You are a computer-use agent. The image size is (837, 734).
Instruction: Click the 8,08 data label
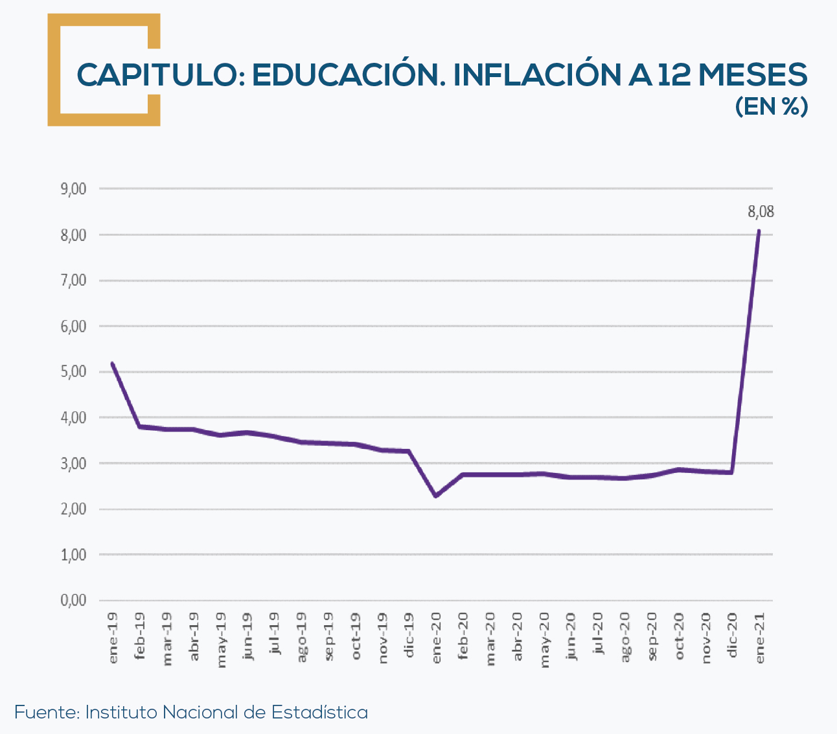(761, 212)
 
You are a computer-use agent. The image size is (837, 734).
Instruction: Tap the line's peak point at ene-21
(759, 231)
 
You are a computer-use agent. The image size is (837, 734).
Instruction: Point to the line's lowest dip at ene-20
(436, 496)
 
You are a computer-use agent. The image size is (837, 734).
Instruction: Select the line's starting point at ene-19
(113, 363)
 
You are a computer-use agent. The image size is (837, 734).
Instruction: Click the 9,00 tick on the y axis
(73, 189)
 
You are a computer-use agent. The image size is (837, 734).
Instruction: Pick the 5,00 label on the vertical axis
(73, 372)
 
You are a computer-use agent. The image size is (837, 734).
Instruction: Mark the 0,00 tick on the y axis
(73, 601)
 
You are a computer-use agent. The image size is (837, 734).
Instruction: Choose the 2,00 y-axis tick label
(73, 509)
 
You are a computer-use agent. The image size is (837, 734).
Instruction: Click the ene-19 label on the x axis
(113, 637)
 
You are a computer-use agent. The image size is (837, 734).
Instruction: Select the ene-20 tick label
(436, 637)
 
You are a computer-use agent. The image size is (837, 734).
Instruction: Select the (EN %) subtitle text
(771, 107)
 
